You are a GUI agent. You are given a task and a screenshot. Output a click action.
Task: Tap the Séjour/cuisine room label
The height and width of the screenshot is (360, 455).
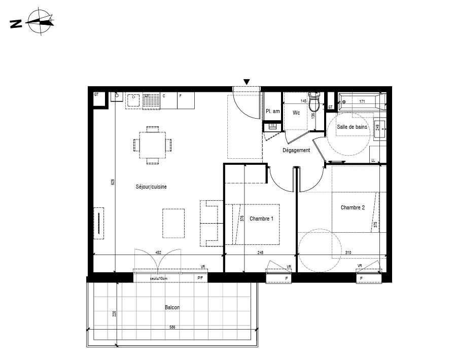click(x=151, y=187)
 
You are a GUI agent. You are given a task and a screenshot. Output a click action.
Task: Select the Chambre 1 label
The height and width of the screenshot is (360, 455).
click(x=261, y=219)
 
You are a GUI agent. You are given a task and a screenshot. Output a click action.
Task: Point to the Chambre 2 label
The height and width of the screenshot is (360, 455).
click(x=353, y=207)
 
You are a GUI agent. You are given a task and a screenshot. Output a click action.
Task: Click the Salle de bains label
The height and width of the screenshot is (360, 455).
click(x=352, y=127)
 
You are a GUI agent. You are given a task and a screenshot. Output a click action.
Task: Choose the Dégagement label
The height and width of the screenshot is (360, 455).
click(x=296, y=150)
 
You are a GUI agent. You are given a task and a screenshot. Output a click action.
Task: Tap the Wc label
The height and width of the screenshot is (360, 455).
click(x=296, y=113)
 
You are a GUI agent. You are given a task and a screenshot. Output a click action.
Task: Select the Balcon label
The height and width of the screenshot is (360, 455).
click(x=172, y=307)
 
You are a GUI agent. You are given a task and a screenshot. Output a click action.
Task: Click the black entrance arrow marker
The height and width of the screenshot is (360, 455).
click(x=247, y=82)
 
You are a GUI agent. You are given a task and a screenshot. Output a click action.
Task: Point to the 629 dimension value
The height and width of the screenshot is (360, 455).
click(x=113, y=182)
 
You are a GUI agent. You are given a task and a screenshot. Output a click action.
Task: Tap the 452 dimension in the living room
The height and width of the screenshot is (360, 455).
click(x=158, y=253)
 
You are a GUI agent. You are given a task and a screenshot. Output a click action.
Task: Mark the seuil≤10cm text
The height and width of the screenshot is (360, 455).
click(x=159, y=278)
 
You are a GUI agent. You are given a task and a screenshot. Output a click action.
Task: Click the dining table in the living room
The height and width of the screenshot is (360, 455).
click(x=153, y=145)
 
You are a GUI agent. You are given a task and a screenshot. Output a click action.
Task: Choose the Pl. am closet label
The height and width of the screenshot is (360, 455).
click(x=273, y=112)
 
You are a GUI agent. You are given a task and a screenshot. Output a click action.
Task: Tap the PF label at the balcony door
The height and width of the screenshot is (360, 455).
click(x=200, y=278)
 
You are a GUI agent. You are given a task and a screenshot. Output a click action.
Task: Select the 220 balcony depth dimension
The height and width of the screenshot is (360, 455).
click(x=115, y=314)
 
